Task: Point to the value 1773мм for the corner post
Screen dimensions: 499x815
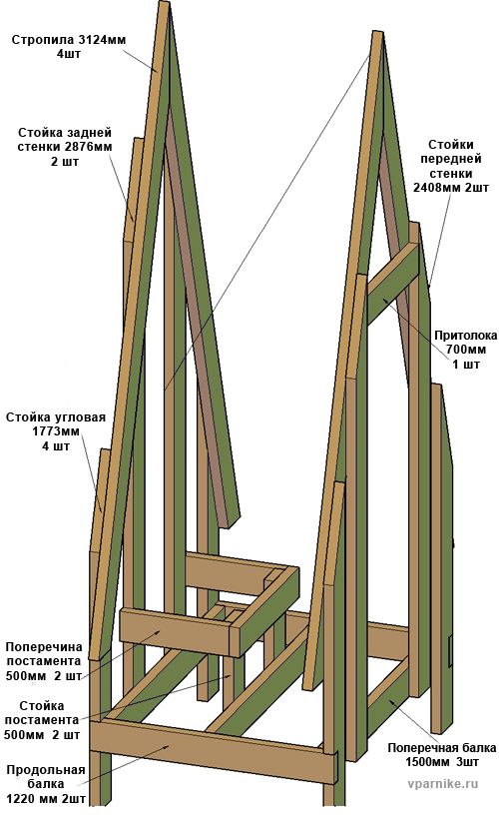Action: pos(55,431)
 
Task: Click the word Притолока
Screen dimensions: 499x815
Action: pos(466,336)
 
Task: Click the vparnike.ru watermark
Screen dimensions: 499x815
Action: pos(443,784)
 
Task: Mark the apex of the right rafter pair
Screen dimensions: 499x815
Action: pos(377,34)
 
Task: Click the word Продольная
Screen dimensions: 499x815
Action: pos(46,770)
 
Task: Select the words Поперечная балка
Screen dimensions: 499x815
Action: pos(442,748)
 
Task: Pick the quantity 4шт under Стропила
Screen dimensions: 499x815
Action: pos(69,54)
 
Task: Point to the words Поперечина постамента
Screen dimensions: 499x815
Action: pos(44,654)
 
